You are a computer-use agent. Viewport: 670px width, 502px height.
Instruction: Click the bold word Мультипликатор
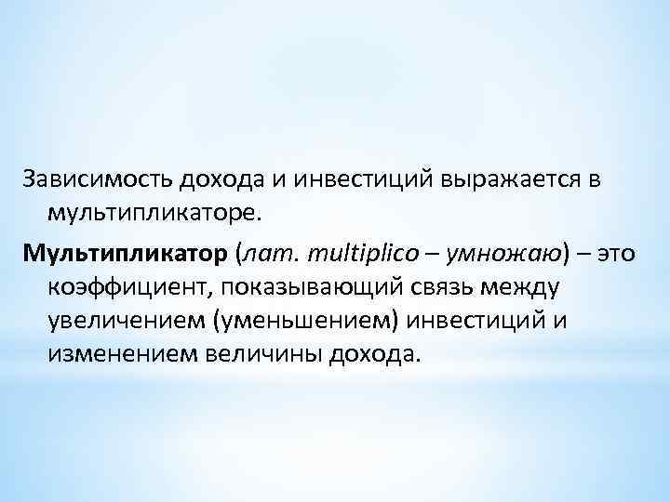[x=128, y=253]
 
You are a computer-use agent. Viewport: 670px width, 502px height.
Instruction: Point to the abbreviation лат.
[x=271, y=253]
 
